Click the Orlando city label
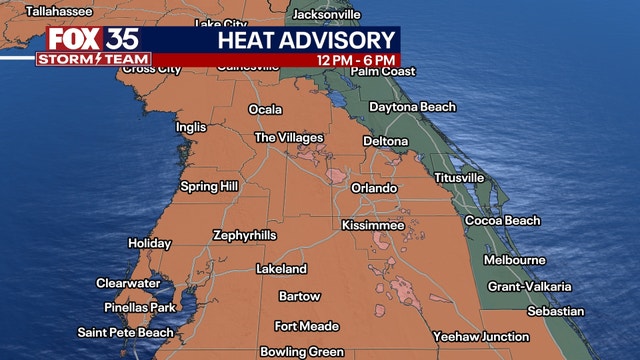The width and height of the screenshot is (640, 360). (374, 188)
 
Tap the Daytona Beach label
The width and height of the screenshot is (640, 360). (412, 107)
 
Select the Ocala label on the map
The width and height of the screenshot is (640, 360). (265, 110)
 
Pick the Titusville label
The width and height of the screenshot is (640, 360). (459, 178)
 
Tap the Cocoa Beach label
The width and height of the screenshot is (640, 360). (502, 221)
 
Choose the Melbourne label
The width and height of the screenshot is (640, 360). (514, 260)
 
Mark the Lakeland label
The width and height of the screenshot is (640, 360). (281, 270)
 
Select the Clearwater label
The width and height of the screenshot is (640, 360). (128, 284)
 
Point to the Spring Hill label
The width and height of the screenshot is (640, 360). (210, 187)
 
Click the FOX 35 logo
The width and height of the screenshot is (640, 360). (94, 40)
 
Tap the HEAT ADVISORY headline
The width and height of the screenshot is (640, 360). (306, 40)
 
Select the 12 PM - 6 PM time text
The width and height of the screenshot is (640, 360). (356, 60)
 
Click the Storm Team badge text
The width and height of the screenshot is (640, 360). (94, 59)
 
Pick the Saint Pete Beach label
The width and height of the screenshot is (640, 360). (126, 333)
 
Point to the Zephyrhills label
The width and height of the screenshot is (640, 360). (244, 236)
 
